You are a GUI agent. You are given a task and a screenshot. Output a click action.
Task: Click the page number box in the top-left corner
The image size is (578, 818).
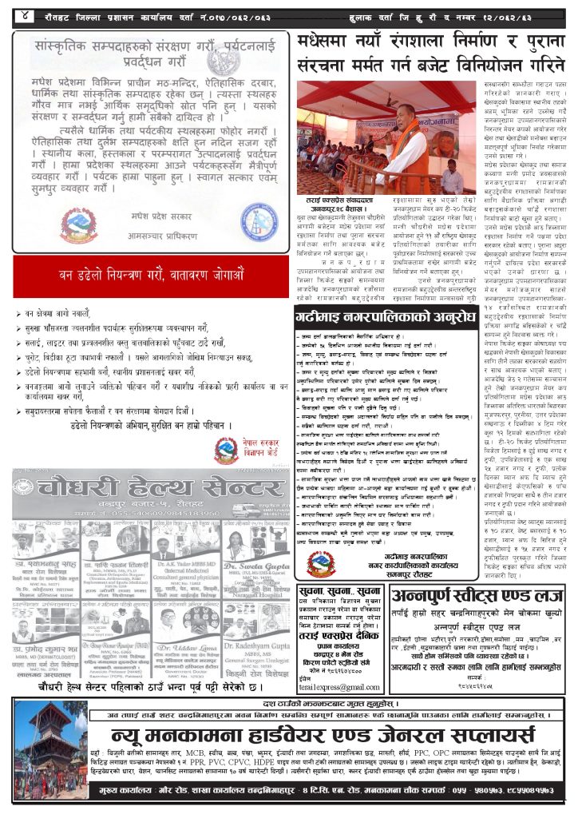(x=26, y=15)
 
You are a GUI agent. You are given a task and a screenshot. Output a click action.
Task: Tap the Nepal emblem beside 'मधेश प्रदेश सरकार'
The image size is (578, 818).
(x=78, y=227)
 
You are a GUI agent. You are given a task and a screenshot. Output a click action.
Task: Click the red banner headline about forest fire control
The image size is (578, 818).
(x=152, y=276)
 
